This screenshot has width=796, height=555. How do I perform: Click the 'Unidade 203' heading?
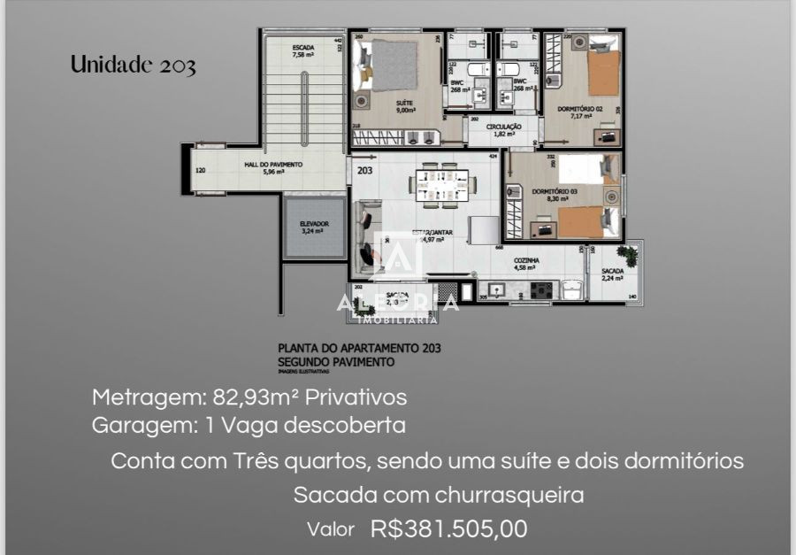pyautogui.click(x=133, y=65)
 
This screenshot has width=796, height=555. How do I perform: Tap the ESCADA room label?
pyautogui.click(x=303, y=50)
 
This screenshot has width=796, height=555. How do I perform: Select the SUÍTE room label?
pyautogui.click(x=405, y=107)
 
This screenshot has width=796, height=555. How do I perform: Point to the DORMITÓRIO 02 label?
pyautogui.click(x=580, y=111)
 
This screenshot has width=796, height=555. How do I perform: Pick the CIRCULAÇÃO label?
pyautogui.click(x=504, y=129)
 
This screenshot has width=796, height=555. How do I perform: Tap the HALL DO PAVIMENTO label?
pyautogui.click(x=273, y=167)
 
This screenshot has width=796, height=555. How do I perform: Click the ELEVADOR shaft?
pyautogui.click(x=314, y=227)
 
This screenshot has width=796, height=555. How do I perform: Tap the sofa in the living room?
pyautogui.click(x=367, y=235)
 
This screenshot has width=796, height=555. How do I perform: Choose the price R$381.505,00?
pyautogui.click(x=449, y=529)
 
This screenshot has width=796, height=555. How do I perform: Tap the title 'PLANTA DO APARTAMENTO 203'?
pyautogui.click(x=359, y=349)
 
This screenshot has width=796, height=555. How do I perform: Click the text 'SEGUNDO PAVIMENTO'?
pyautogui.click(x=336, y=362)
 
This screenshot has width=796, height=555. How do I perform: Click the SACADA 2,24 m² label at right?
pyautogui.click(x=613, y=274)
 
